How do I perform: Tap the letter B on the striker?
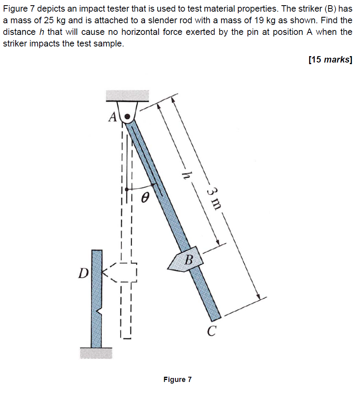[189, 259]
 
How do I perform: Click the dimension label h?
[185, 175]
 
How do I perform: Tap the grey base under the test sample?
[96, 353]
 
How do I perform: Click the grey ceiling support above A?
[127, 95]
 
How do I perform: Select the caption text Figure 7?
[177, 379]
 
